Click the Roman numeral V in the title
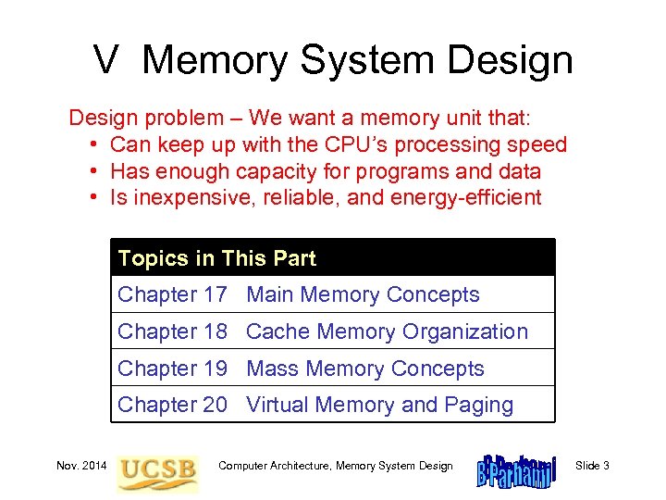click(106, 61)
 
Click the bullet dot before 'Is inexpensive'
click(95, 197)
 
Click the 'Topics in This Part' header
click(217, 258)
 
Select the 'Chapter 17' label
click(172, 295)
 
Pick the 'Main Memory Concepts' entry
click(364, 295)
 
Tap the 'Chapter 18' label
click(172, 331)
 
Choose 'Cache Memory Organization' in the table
click(388, 331)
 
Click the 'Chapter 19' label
click(172, 369)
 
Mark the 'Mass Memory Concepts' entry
click(365, 369)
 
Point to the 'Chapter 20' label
click(172, 405)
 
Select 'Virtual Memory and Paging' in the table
click(380, 405)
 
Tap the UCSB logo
click(157, 469)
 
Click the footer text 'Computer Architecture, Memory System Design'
click(336, 466)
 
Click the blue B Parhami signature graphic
click(514, 468)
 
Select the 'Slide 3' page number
click(592, 466)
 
